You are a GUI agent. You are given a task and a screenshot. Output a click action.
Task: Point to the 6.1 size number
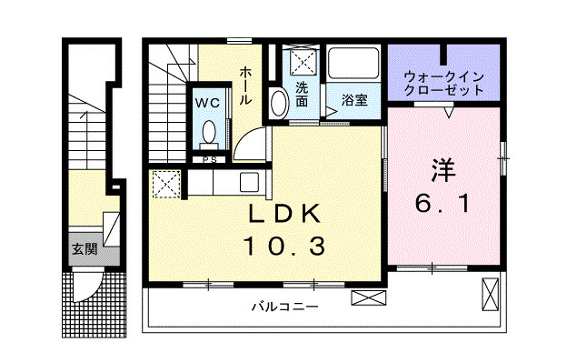[443, 205]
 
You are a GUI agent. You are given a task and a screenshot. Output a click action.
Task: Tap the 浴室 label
[354, 100]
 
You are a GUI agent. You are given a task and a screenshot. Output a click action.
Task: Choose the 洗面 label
[302, 95]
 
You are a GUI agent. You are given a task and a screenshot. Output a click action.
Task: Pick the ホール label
[245, 86]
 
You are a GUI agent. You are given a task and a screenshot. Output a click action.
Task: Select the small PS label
[210, 161]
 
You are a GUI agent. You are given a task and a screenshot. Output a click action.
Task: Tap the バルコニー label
[285, 307]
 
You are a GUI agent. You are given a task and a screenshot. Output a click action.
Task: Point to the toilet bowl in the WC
[210, 132]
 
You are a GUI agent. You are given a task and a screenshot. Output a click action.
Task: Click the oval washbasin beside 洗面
[279, 103]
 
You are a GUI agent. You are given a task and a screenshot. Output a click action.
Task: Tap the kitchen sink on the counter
[247, 182]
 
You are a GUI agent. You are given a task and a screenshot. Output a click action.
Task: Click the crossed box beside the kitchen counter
[166, 186]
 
